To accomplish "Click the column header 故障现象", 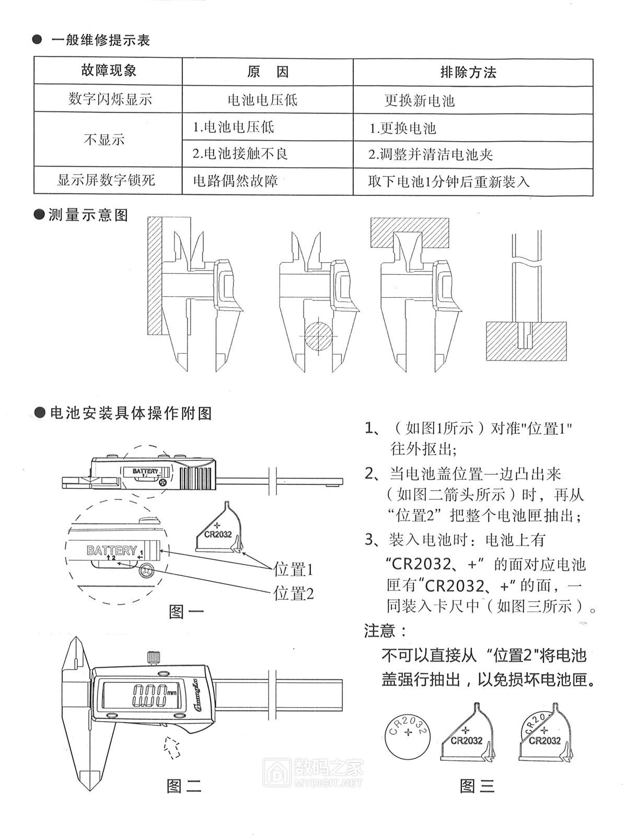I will tap(109, 71).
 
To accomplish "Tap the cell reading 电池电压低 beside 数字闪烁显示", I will tap(262, 99).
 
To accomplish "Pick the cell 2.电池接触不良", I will tap(240, 154).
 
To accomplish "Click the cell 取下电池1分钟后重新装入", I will tap(448, 181).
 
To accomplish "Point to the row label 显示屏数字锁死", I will tap(106, 181).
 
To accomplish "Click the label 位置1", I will tap(294, 569).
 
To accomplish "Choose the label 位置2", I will tap(294, 594).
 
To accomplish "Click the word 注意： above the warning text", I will tap(385, 631).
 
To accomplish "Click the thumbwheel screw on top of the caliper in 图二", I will tap(153, 658).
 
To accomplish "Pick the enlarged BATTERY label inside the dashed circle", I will tap(112, 551).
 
